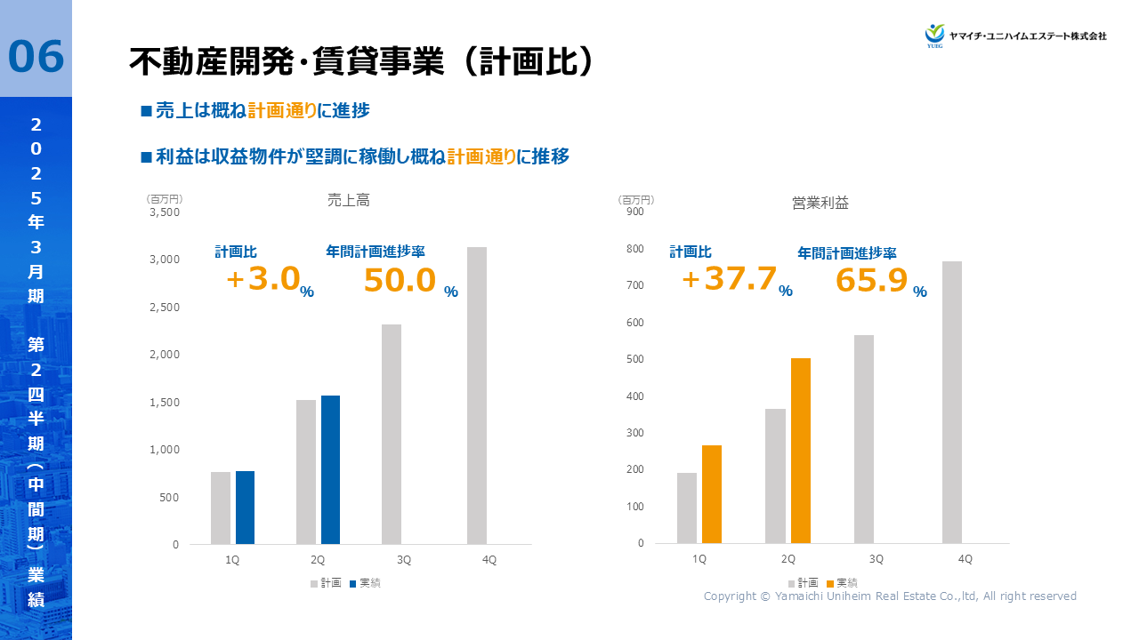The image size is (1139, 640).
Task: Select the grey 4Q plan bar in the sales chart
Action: click(x=477, y=396)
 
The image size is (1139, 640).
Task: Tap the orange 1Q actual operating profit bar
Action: click(x=711, y=494)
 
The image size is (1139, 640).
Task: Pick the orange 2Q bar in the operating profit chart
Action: click(x=800, y=451)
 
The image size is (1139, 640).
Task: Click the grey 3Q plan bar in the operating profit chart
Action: click(x=864, y=439)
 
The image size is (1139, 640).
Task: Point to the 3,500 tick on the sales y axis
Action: click(x=165, y=212)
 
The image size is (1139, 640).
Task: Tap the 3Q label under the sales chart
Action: click(x=404, y=560)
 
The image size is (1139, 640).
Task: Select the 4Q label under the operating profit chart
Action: click(x=965, y=559)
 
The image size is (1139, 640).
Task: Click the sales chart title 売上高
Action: click(x=349, y=201)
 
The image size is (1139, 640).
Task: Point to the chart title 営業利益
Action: click(x=820, y=203)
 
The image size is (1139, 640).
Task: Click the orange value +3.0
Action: click(x=263, y=279)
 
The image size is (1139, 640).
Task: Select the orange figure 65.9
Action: click(x=871, y=280)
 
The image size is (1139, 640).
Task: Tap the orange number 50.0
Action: click(x=400, y=280)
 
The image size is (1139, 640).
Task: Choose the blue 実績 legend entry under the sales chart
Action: click(x=366, y=583)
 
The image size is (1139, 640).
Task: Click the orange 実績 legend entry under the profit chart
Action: click(x=842, y=583)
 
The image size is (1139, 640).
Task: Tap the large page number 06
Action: click(x=36, y=57)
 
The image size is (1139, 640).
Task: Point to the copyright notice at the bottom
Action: click(x=890, y=596)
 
